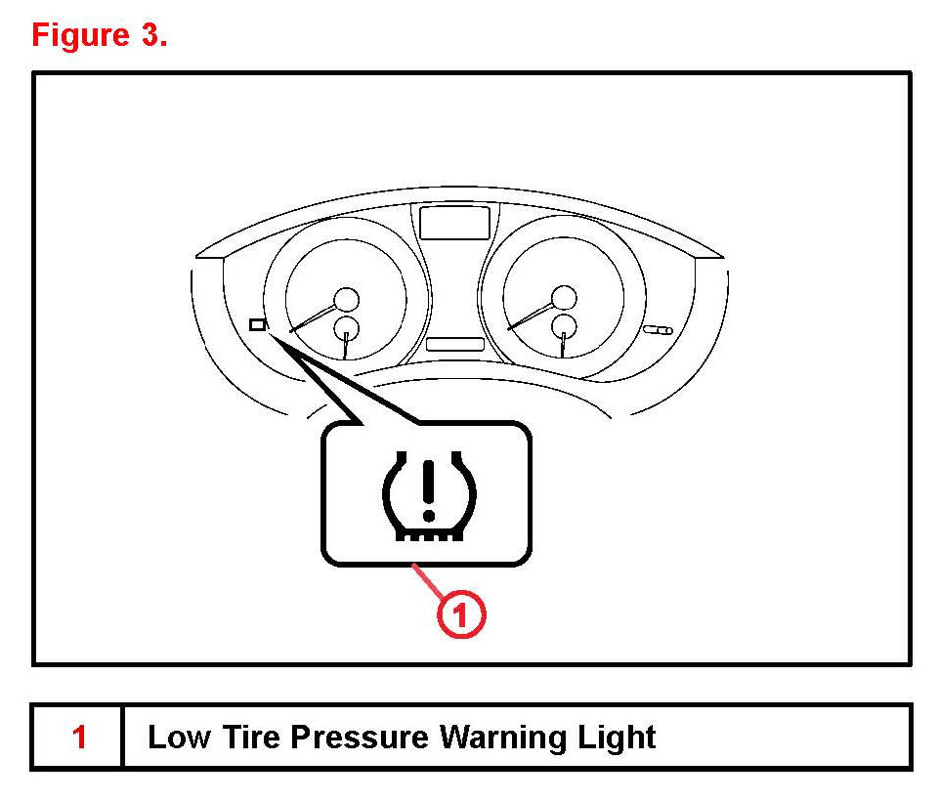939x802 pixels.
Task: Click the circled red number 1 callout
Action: click(459, 616)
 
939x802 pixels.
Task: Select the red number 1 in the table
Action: click(79, 738)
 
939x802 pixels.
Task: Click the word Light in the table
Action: click(618, 738)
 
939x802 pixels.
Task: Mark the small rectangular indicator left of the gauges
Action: click(257, 324)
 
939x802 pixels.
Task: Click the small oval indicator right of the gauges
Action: click(660, 330)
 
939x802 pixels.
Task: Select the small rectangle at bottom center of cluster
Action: click(454, 344)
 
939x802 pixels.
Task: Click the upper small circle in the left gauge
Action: click(347, 299)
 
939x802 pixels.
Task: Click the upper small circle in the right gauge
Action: click(564, 297)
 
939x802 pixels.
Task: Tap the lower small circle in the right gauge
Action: click(563, 325)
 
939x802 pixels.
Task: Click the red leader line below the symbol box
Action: click(429, 584)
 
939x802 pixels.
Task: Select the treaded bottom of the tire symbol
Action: click(426, 533)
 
